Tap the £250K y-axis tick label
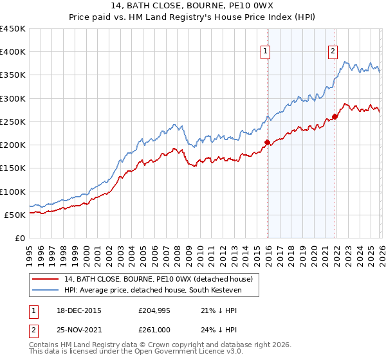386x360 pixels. (13, 122)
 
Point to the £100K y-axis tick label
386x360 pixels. (13, 192)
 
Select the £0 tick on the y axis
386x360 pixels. (20, 238)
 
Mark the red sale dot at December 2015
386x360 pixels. (267, 143)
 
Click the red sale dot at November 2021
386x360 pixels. (335, 116)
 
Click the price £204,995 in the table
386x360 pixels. (154, 310)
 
